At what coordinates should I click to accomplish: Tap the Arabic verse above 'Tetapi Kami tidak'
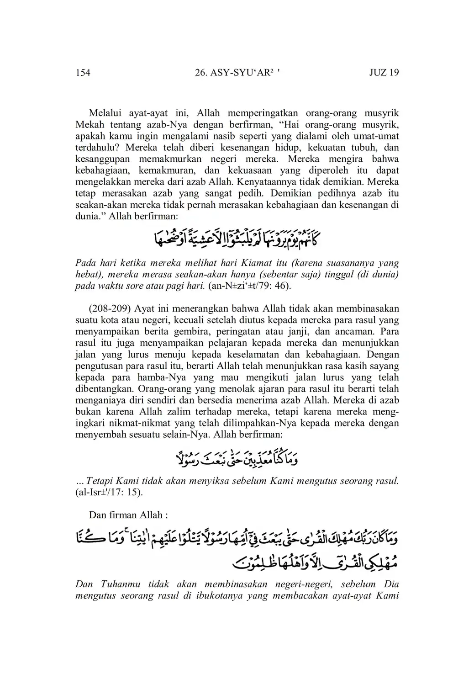pyautogui.click(x=237, y=457)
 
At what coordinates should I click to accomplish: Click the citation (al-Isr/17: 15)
pyautogui.click(x=109, y=493)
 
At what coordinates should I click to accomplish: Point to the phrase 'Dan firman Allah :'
pyautogui.click(x=128, y=515)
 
